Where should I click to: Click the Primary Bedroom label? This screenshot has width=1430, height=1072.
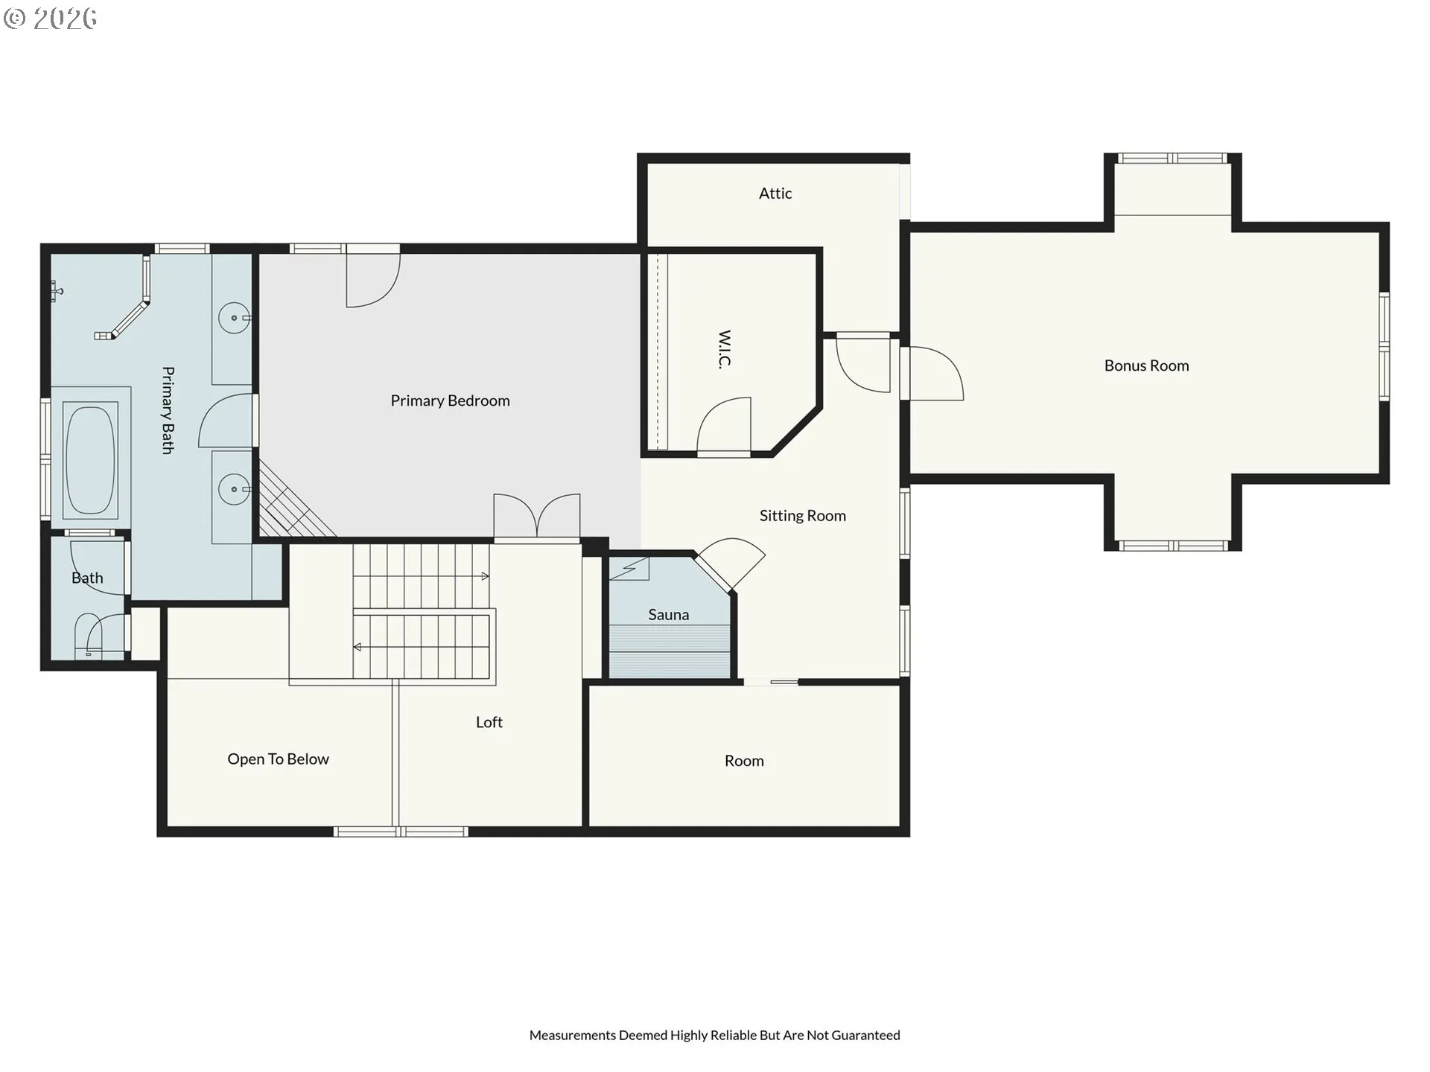(x=450, y=401)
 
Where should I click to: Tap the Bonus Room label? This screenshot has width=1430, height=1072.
(x=1146, y=366)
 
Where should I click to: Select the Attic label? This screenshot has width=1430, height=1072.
(x=775, y=194)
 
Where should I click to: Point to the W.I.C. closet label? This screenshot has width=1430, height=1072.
(x=725, y=349)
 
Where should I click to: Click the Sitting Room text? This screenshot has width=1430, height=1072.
(x=802, y=516)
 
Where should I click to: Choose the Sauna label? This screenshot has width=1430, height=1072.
(x=668, y=615)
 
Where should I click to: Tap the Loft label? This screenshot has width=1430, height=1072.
(x=489, y=722)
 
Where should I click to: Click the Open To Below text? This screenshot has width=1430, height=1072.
(x=278, y=759)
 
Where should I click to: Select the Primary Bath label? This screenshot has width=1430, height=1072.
(x=168, y=410)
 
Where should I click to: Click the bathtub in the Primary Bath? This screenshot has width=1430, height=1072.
(x=91, y=459)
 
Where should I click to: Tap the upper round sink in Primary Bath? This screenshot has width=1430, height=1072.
(x=234, y=318)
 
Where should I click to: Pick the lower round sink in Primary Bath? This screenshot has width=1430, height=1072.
(x=234, y=489)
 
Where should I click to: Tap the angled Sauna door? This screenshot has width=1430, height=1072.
(x=730, y=564)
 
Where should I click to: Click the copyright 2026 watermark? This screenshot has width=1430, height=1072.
(x=50, y=18)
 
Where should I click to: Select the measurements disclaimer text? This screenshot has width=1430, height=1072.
(x=715, y=1035)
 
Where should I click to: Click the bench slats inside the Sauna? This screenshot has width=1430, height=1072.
(x=670, y=651)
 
